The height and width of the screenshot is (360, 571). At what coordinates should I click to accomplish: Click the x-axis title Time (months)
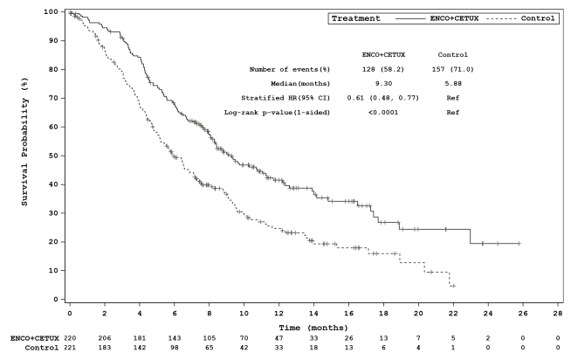tap(313, 323)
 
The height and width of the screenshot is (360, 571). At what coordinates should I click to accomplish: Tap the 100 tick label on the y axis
tap(52, 11)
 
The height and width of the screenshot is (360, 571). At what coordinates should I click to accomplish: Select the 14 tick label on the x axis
tap(313, 311)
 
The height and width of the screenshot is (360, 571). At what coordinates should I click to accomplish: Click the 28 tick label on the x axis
tap(557, 311)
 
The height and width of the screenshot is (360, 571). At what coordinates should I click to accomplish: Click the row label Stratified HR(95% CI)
tap(277, 98)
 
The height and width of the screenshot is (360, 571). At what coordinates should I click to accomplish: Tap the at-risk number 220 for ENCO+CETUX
tap(69, 336)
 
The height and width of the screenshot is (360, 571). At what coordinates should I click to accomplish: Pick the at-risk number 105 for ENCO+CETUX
tap(209, 336)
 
